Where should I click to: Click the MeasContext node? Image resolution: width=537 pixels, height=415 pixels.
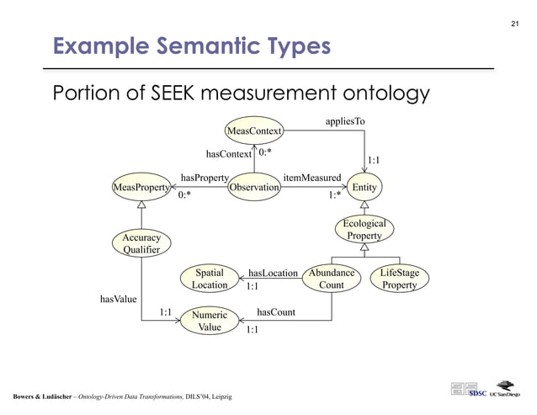click(x=253, y=130)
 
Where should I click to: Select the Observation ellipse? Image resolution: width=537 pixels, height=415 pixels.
click(x=253, y=187)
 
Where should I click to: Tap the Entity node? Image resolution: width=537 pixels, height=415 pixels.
click(x=364, y=187)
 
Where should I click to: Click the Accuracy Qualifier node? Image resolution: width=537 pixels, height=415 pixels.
click(x=141, y=244)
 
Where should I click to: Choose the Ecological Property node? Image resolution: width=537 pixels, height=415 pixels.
click(x=364, y=230)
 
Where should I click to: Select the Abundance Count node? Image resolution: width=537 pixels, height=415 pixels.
click(x=331, y=279)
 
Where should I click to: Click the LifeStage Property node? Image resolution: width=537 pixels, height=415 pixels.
click(x=399, y=279)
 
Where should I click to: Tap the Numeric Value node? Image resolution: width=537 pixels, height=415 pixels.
click(x=209, y=322)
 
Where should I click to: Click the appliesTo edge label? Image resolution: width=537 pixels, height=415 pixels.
click(x=345, y=122)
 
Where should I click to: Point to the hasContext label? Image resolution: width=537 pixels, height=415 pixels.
click(x=228, y=154)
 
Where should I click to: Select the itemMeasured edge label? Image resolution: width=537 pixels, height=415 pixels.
click(x=311, y=178)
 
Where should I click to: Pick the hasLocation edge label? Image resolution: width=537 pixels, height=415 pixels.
click(x=274, y=273)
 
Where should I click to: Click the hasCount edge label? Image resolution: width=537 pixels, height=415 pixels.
click(x=275, y=312)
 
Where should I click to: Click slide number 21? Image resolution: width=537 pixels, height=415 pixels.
click(x=515, y=23)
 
